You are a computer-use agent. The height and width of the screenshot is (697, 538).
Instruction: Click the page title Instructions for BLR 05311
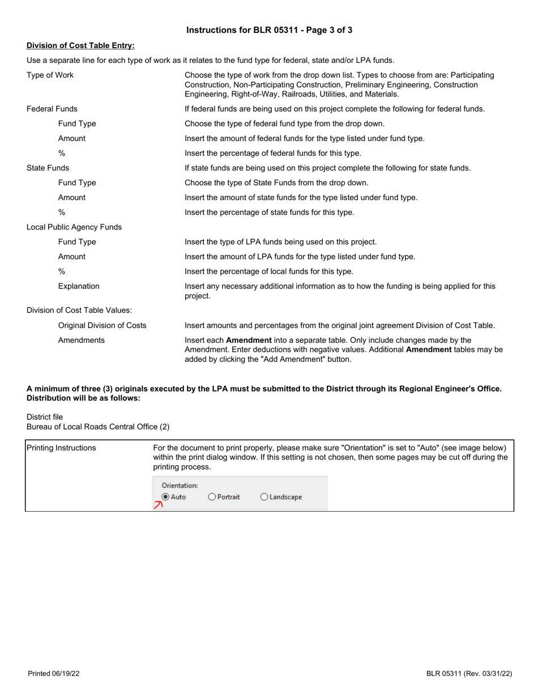point(269,30)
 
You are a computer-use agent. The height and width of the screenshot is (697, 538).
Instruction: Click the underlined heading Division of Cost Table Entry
point(80,45)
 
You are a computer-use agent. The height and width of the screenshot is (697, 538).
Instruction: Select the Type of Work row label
point(50,75)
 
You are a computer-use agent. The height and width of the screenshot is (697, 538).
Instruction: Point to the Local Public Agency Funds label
point(74,227)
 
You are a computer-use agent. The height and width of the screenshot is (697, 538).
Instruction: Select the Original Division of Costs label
point(102,325)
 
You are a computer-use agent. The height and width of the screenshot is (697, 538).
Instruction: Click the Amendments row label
point(81,340)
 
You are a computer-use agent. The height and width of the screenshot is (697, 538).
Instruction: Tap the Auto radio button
point(165,497)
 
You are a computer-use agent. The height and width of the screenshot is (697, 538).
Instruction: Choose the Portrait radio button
point(212,497)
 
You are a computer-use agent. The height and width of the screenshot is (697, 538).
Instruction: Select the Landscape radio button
point(264,497)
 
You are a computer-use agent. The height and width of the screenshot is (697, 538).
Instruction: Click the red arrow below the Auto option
point(159,505)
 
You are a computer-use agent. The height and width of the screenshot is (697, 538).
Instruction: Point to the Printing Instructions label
point(62,448)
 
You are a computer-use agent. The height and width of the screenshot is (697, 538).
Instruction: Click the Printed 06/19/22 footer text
point(54,673)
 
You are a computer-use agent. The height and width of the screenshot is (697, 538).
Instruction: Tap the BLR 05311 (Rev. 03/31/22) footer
point(469,673)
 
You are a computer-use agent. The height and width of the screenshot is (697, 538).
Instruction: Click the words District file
point(45,416)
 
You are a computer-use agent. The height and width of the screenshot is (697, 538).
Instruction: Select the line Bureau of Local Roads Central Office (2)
point(97,427)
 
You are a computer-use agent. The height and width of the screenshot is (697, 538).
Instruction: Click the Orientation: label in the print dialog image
point(180,486)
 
